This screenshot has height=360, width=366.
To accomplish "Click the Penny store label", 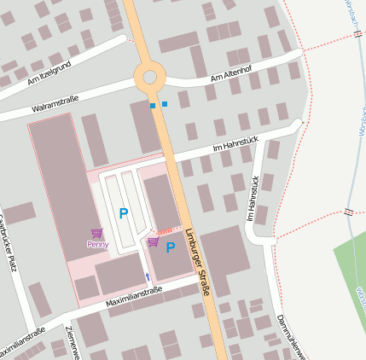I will tap(98, 244).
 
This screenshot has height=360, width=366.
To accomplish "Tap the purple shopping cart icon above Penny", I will tap(97, 233).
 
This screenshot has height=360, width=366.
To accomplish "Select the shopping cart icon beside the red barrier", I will tap(153, 241).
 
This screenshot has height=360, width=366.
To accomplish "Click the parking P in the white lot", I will tap(124, 213).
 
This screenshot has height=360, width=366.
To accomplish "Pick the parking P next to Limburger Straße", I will tap(170, 247).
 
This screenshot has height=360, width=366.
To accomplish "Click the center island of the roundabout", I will tap(150, 77).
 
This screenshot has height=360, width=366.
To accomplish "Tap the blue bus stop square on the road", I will tap(153, 106).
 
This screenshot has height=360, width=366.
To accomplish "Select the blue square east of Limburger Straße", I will tap(165, 104).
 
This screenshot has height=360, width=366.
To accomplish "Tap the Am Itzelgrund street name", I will tap(48, 74).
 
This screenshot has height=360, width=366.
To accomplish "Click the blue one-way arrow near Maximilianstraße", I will tap(147, 276).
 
